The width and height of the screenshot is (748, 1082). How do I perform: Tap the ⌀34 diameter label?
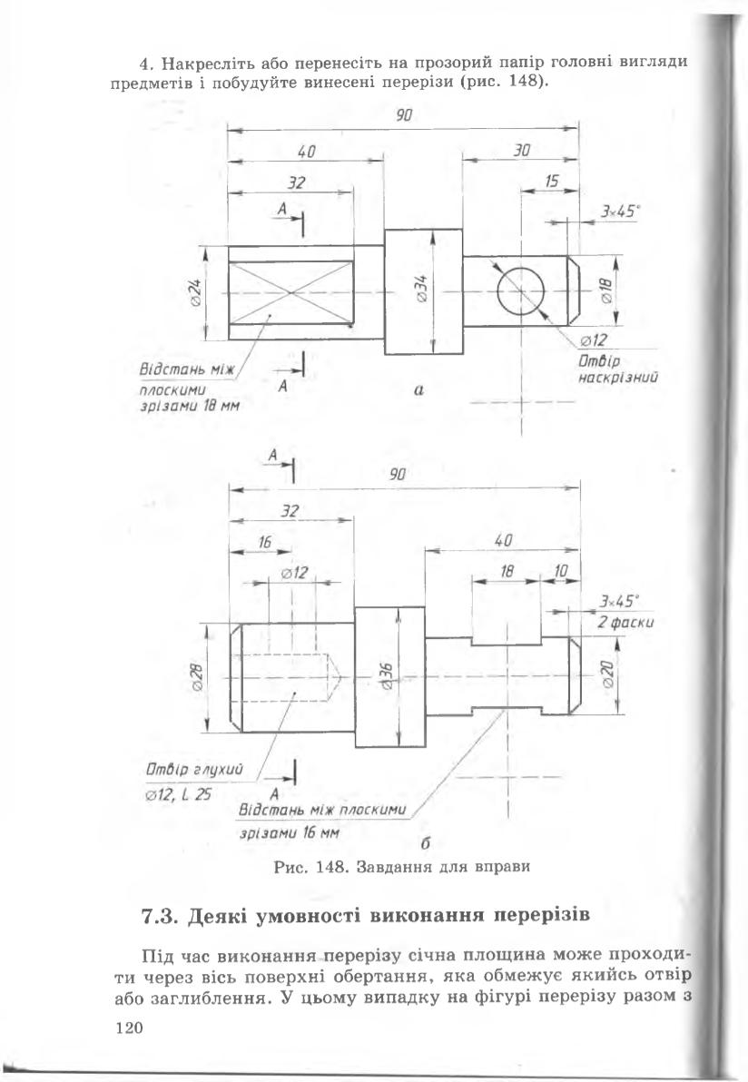tap(423, 290)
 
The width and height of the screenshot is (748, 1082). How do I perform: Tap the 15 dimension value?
tap(551, 182)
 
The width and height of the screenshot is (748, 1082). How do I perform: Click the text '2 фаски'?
tap(625, 623)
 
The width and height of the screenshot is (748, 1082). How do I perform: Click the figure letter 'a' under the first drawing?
tap(418, 389)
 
